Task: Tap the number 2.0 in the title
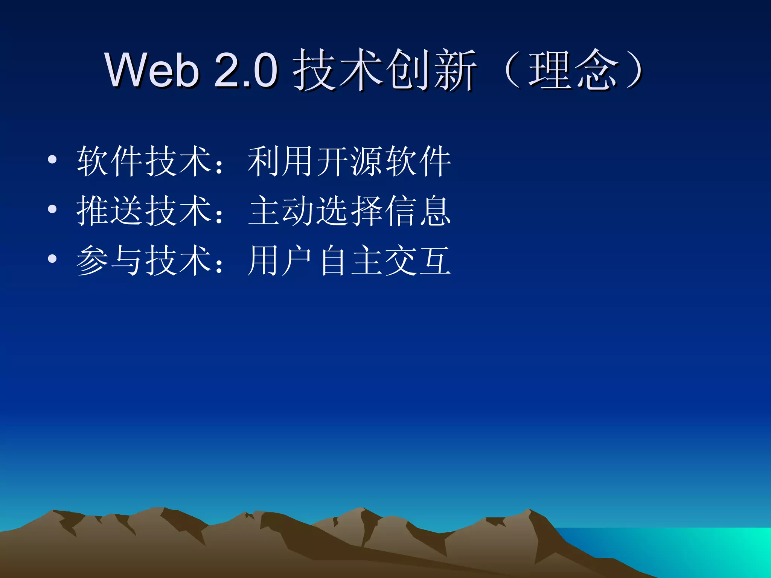coord(246,70)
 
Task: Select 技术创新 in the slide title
coord(384,70)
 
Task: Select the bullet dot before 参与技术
coord(52,259)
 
